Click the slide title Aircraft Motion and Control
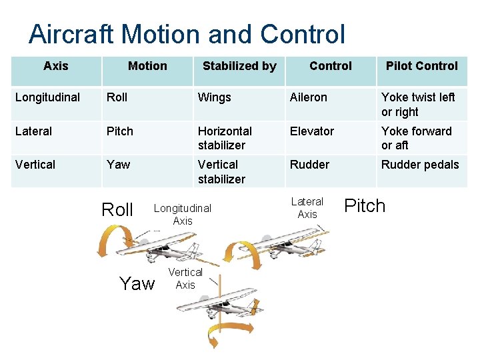[x=187, y=34]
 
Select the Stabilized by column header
[x=239, y=66]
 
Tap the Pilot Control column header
[x=421, y=66]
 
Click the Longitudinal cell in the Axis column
[x=47, y=97]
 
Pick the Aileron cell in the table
[x=308, y=97]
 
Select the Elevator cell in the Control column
[x=311, y=131]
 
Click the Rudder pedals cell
[x=420, y=165]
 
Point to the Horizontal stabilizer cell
[x=225, y=138]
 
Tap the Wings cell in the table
[x=214, y=97]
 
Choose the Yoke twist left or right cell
[x=418, y=105]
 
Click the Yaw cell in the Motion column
[x=119, y=165]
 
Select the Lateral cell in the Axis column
[x=33, y=131]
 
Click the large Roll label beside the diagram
[x=117, y=210]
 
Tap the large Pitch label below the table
[x=364, y=206]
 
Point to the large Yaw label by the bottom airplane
[x=137, y=284]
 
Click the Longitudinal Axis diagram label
[x=182, y=215]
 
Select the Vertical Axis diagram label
[x=185, y=279]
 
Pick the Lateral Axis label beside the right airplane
[x=307, y=208]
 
